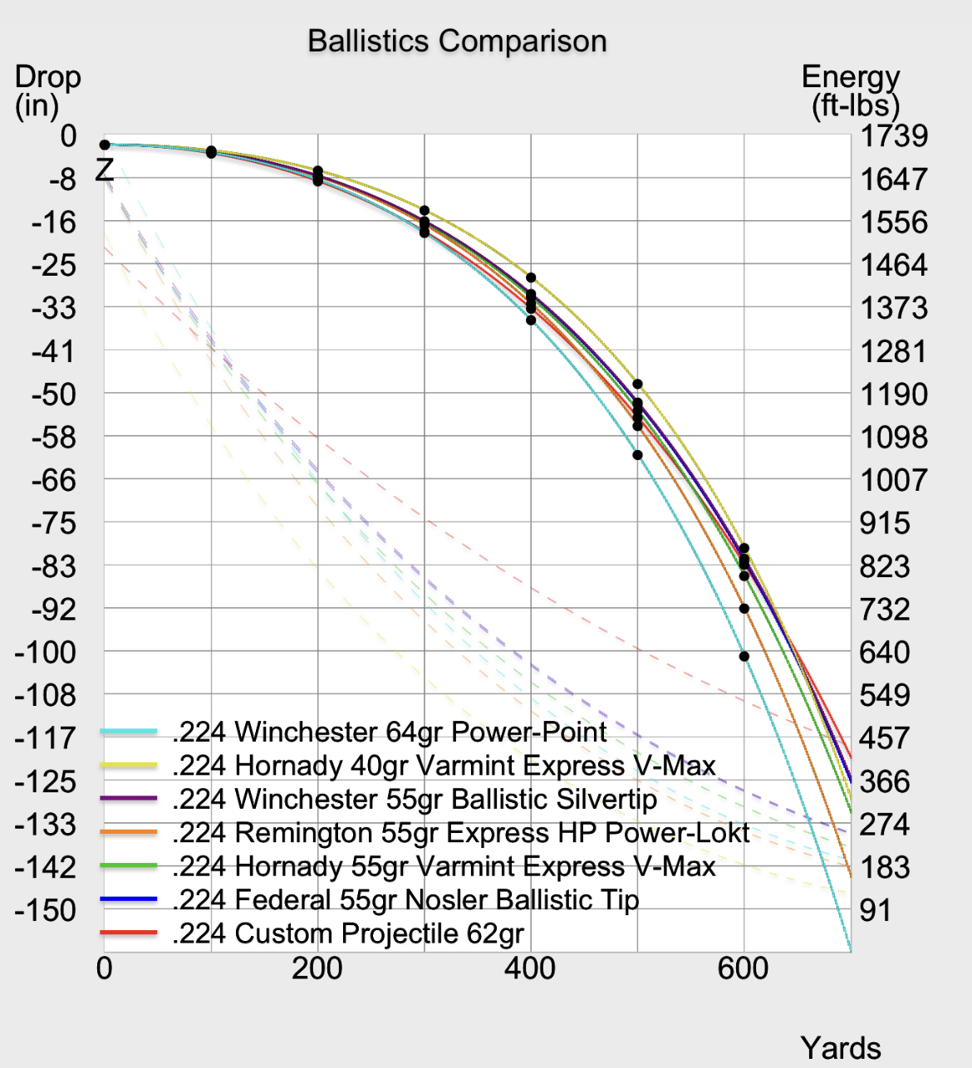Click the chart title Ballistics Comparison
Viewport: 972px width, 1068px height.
coord(457,42)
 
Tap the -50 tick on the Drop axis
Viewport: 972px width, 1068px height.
coord(54,394)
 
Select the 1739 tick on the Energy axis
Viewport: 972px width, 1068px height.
coord(894,135)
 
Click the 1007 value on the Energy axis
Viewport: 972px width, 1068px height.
coord(894,480)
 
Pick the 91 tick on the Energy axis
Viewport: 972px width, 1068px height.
coord(876,910)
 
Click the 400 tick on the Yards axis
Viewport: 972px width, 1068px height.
coord(531,968)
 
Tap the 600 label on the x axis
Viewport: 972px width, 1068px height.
coord(744,968)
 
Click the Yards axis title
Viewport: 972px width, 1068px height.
coord(841,1048)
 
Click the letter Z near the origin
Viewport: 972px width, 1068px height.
coord(105,170)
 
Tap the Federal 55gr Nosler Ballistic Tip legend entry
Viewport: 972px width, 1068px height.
coord(405,900)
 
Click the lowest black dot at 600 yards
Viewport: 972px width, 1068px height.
coord(744,656)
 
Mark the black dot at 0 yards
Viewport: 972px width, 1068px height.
coord(105,145)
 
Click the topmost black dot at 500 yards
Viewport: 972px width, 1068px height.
coord(637,384)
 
